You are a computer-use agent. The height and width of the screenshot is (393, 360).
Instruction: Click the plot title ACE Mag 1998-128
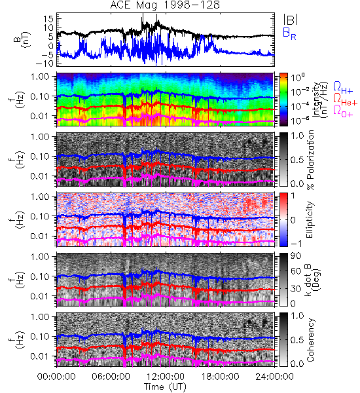(x=165, y=5)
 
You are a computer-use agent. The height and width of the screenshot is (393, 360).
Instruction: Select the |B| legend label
(x=291, y=20)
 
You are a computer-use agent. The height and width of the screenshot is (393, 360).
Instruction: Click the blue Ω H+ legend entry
(x=343, y=88)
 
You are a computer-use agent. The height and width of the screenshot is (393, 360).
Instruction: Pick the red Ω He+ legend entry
(x=345, y=99)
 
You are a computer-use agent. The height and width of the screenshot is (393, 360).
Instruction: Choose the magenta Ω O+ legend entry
(x=343, y=111)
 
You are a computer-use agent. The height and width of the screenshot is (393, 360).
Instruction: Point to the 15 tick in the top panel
(x=48, y=18)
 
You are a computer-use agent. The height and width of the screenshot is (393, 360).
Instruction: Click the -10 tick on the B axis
(x=45, y=63)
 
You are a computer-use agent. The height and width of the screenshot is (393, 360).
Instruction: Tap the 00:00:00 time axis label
(x=56, y=377)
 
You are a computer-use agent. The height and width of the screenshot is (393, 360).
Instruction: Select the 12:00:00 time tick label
(x=166, y=377)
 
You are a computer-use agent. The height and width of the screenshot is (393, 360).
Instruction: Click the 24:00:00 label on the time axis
(x=274, y=377)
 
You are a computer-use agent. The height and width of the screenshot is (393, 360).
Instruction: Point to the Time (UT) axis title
(x=165, y=386)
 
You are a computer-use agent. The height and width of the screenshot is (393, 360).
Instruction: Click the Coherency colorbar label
(x=310, y=340)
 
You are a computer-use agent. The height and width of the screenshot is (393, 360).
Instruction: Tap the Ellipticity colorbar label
(x=310, y=219)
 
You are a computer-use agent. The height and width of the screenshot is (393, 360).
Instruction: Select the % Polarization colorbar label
(x=310, y=160)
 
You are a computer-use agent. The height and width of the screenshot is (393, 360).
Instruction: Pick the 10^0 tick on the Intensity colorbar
(x=297, y=77)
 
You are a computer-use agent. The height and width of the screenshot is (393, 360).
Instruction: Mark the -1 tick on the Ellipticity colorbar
(x=296, y=244)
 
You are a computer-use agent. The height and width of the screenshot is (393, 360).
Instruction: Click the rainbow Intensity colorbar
(x=283, y=100)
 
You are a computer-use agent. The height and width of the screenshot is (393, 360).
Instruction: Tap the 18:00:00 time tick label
(x=220, y=377)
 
